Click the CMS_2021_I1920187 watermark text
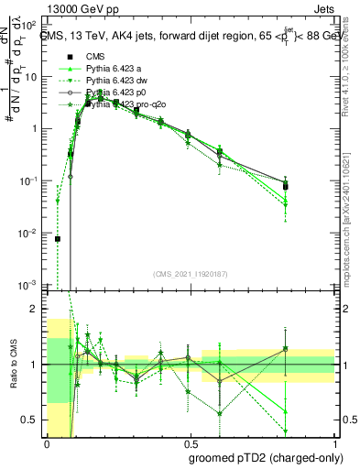[x=191, y=274]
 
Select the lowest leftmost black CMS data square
[x=58, y=239]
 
